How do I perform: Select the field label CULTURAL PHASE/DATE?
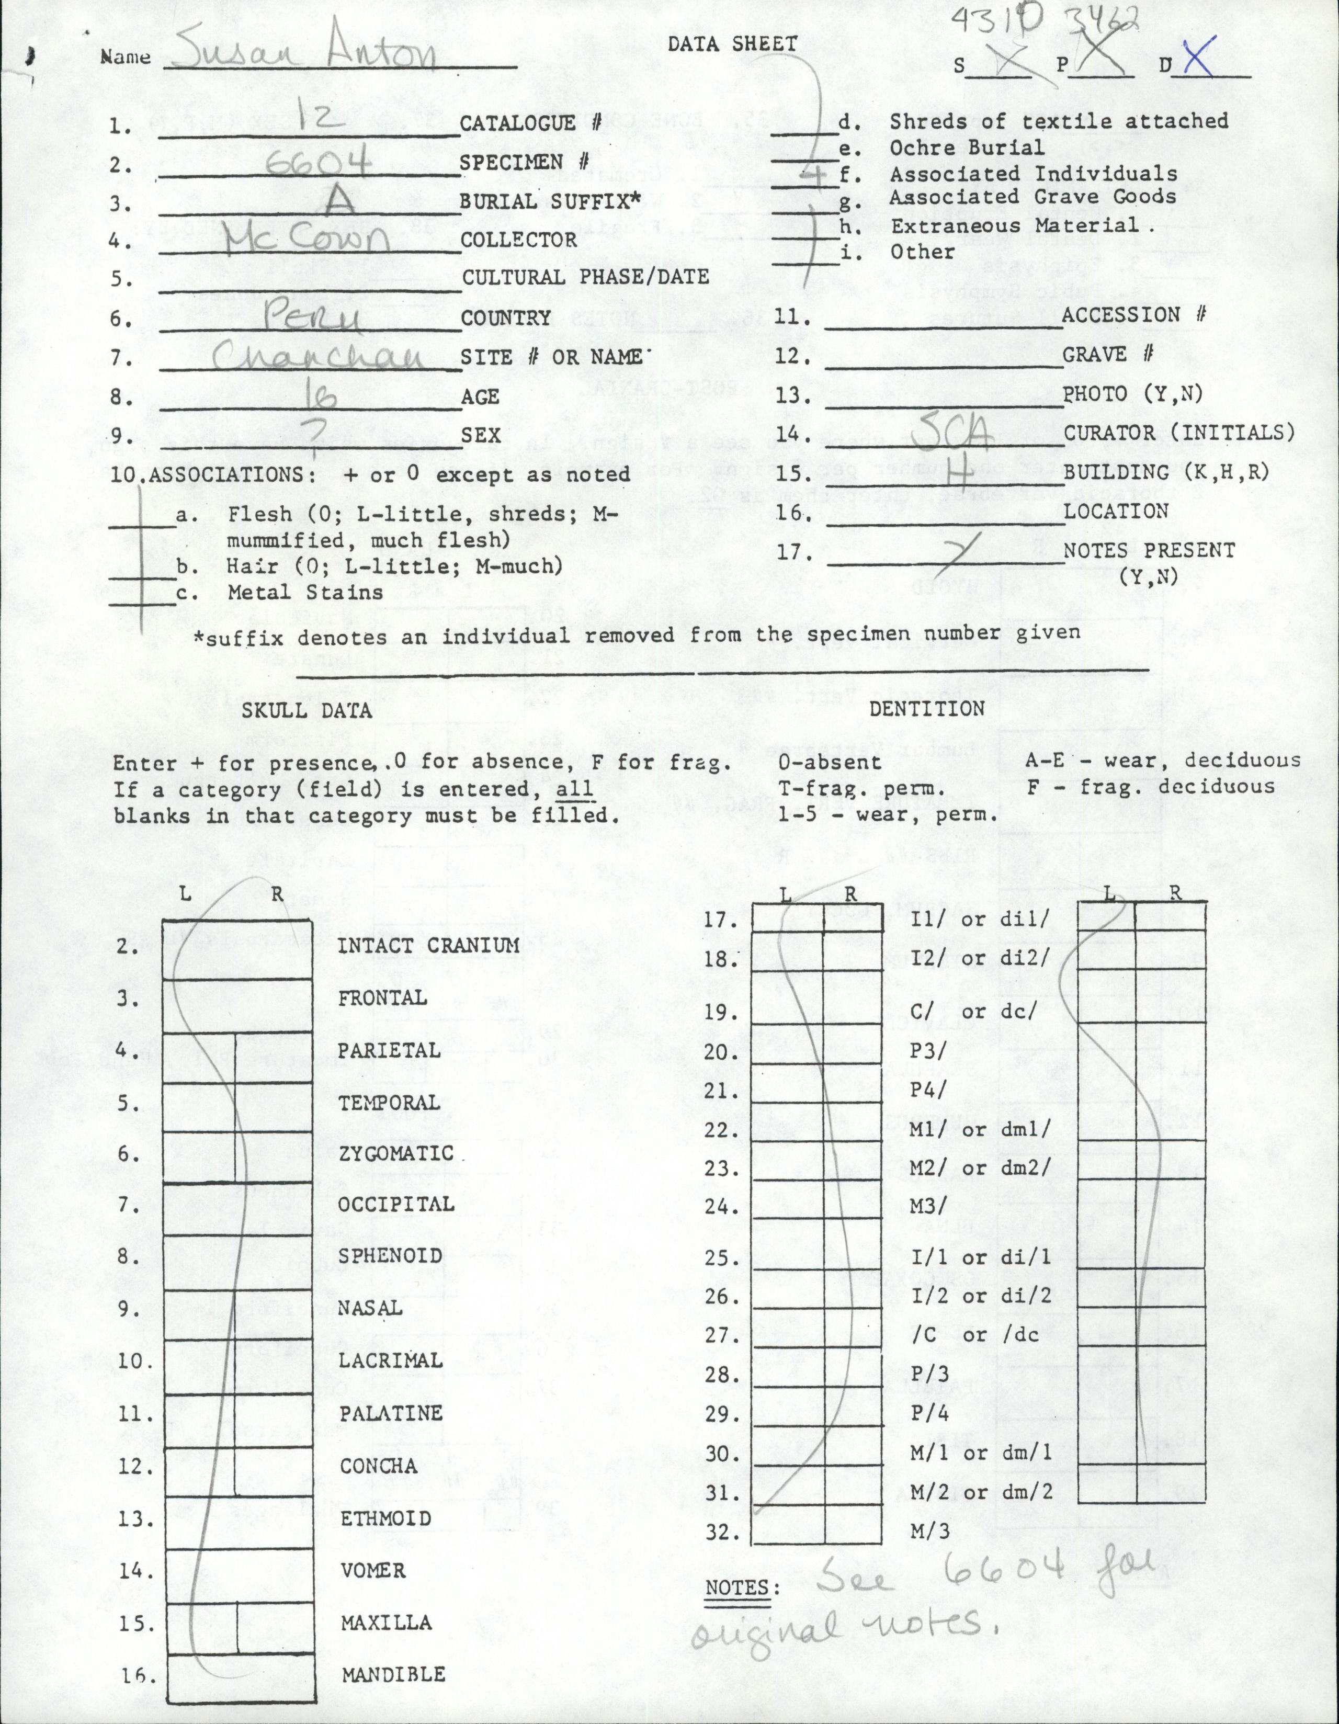[x=585, y=277]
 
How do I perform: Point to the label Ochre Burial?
[x=967, y=148]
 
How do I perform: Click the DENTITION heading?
[x=926, y=709]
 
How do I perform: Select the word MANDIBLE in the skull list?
[x=393, y=1690]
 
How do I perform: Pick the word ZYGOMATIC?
[x=396, y=1153]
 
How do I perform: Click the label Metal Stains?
[x=305, y=592]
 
